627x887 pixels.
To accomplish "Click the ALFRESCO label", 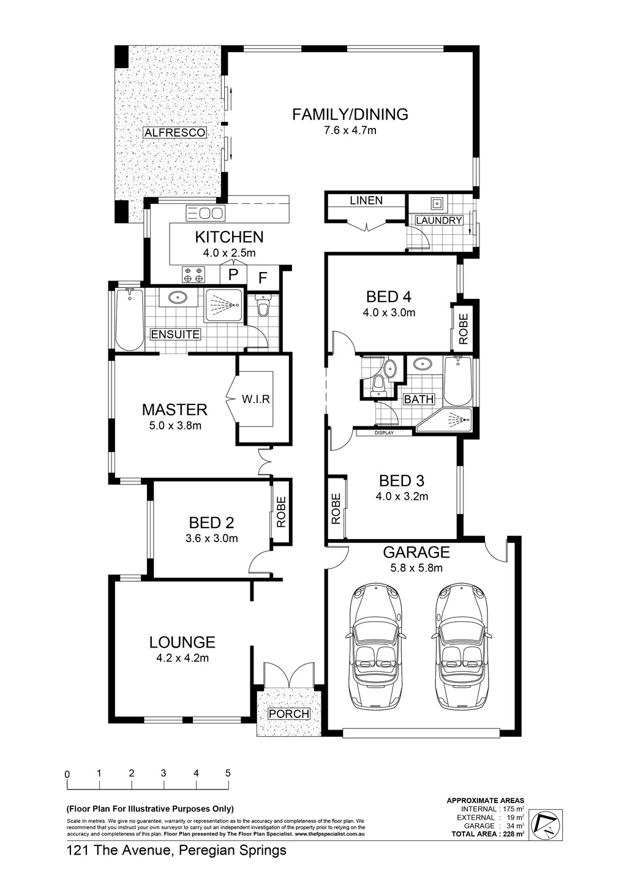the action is point(175,132).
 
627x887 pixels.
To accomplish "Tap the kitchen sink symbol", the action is point(206,213).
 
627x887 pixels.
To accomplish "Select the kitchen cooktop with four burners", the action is point(193,274).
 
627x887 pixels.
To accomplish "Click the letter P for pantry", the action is point(233,274).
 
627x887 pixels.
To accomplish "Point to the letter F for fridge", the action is point(263,278).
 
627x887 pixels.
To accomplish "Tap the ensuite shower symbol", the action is point(223,305).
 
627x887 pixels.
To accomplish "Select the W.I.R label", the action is point(256,399).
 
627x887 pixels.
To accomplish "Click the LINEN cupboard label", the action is point(366,200).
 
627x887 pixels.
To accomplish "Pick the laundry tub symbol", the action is point(437,203).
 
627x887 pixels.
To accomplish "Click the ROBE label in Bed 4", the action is point(464,328).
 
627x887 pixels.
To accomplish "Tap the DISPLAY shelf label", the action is point(384,433).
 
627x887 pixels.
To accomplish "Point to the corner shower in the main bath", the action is point(445,420).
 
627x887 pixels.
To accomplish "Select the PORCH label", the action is point(289,714).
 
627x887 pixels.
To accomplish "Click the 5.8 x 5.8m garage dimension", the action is point(416,568).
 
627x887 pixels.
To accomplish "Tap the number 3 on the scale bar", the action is point(163,772).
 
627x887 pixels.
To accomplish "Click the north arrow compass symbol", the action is point(547,826).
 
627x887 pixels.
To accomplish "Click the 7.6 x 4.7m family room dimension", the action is point(350,130).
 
